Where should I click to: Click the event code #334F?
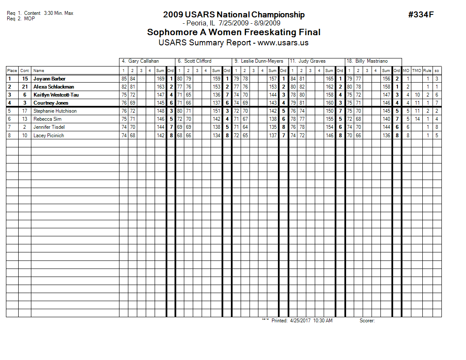tap(421, 15)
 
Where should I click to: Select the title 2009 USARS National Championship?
tap(233, 15)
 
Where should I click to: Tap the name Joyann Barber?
tap(49, 79)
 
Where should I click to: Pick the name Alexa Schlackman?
tap(53, 87)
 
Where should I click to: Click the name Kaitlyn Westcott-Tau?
tap(56, 95)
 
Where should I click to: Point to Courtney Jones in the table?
tap(50, 103)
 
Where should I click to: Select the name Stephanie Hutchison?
tap(55, 111)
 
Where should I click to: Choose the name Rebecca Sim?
tap(47, 119)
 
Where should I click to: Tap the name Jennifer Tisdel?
tap(49, 127)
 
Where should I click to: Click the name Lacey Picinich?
tap(49, 136)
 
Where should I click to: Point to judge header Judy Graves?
tap(312, 61)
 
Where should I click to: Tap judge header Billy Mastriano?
tap(371, 61)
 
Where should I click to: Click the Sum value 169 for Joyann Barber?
tap(160, 79)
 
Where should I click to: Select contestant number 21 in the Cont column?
tap(25, 87)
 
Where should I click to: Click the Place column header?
tap(12, 71)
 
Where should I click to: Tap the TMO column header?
tap(416, 71)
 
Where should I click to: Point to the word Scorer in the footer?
tap(367, 321)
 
